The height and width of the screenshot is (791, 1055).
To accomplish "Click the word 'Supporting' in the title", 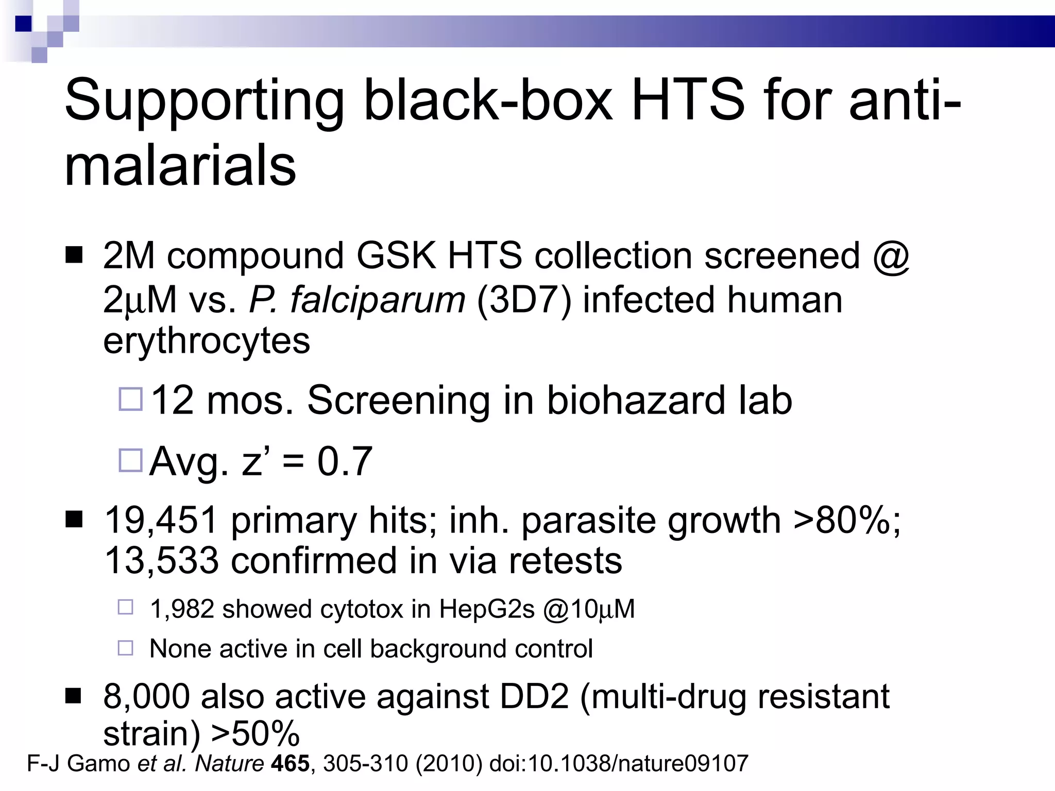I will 204,100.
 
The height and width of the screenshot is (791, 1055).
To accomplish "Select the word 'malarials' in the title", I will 180,166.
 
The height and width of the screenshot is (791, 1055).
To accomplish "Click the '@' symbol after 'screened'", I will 891,255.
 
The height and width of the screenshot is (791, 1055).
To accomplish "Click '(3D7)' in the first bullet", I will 524,300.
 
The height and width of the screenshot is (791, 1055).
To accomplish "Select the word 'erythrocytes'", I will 207,341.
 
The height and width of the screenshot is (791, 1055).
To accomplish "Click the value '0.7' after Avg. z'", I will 345,461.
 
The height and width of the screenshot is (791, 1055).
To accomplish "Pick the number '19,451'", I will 161,520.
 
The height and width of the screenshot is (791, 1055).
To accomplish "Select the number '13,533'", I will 161,560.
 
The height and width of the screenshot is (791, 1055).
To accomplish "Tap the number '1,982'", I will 181,609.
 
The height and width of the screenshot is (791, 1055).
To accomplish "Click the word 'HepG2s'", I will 487,610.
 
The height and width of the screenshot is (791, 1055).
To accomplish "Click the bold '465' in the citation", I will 291,763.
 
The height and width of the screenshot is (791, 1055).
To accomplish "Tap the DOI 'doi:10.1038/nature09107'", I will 618,763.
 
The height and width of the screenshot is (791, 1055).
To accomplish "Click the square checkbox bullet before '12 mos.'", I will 130,399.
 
